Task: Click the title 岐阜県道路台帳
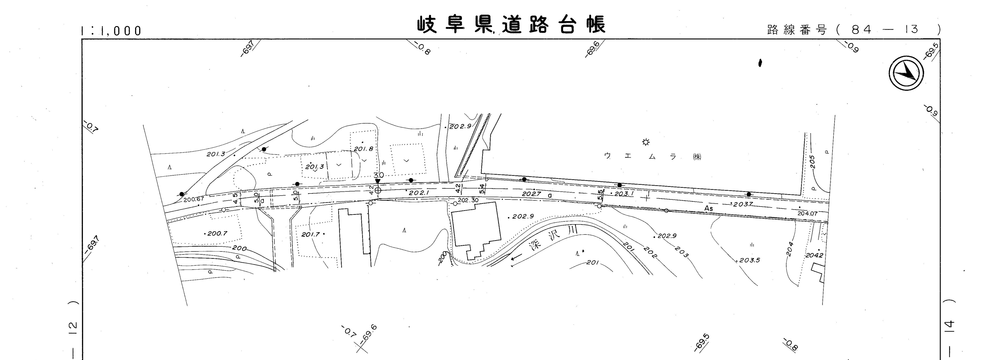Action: tap(511, 25)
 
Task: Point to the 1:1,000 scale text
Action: tap(111, 31)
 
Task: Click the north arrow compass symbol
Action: tap(906, 73)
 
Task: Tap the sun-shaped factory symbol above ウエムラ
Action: tap(645, 142)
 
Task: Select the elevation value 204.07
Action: tap(807, 213)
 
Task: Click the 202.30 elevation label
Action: tap(468, 200)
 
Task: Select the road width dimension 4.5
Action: tap(235, 198)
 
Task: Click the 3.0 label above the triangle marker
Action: tap(378, 175)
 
